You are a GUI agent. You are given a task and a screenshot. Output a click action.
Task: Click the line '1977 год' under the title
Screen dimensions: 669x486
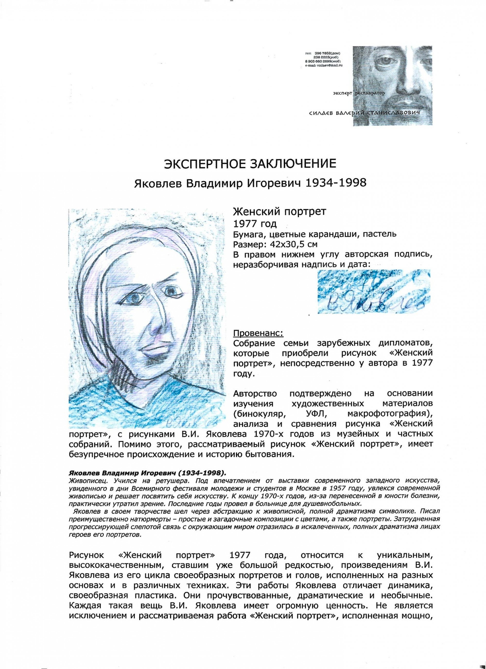(255, 224)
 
